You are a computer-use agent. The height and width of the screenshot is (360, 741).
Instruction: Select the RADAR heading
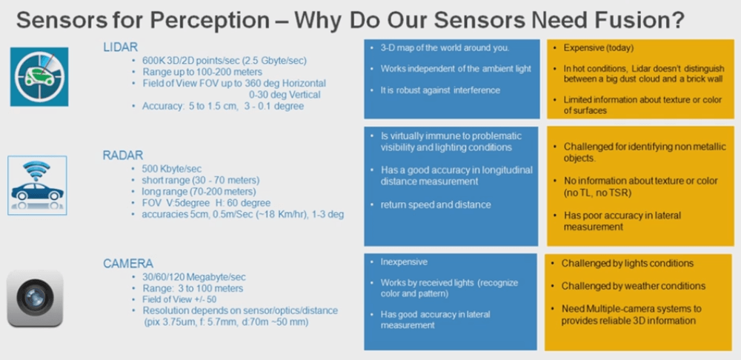coord(123,156)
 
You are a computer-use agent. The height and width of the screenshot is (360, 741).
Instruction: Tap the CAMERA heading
coord(128,264)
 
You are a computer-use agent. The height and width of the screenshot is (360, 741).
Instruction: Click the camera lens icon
coord(35,298)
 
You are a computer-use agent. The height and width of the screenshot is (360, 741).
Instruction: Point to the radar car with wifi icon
coord(37,185)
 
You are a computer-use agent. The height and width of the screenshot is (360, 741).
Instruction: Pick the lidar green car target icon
coord(39,76)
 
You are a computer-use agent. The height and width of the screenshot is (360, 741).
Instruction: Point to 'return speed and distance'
coord(436,204)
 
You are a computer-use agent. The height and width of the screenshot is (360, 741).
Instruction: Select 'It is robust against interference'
coord(440,90)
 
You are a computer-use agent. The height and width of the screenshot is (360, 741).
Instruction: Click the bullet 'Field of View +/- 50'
coord(179,299)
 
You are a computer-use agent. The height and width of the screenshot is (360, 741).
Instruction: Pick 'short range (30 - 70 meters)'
coord(200,180)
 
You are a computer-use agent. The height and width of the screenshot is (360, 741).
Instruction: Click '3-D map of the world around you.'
coord(445,48)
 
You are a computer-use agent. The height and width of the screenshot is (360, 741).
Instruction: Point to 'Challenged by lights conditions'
coord(628,263)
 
